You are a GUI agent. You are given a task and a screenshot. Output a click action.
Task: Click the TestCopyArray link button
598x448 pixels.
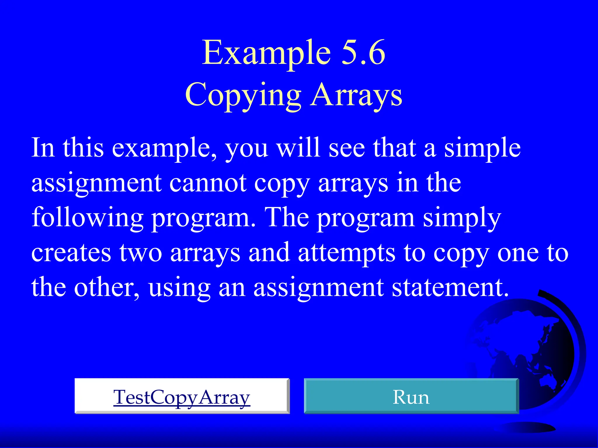coord(182,397)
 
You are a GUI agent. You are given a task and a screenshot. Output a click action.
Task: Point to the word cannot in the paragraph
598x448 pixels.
coord(208,183)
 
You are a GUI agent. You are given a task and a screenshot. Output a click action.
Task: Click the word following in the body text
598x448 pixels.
coord(87,218)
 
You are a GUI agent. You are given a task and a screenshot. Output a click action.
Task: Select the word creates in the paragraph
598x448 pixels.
coord(71,253)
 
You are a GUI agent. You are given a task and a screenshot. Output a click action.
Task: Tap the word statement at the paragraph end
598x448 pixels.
coord(450,288)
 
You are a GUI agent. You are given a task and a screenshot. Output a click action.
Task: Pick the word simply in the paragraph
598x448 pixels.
coord(462,218)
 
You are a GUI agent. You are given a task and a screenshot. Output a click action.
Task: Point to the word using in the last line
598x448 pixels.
coord(180,288)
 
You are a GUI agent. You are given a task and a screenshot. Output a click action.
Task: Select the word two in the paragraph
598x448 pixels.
coord(140,253)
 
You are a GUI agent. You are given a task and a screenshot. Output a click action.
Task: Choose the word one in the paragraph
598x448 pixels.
coord(518,253)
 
